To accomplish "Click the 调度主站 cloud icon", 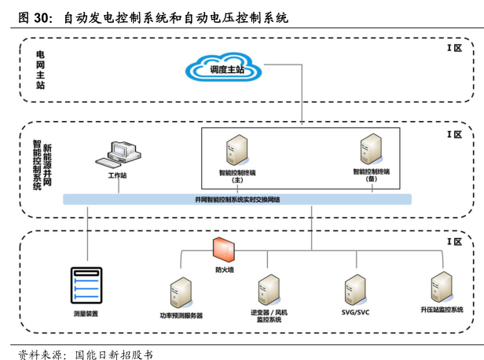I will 228,68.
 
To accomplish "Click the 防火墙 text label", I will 225,270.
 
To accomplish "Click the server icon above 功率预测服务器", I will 181,293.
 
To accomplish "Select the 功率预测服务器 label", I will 181,315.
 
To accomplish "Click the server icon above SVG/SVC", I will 354,291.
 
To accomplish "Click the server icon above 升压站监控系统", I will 442,288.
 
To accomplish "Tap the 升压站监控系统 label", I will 441,310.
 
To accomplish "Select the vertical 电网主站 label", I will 40,69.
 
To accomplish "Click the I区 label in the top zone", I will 454,48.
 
